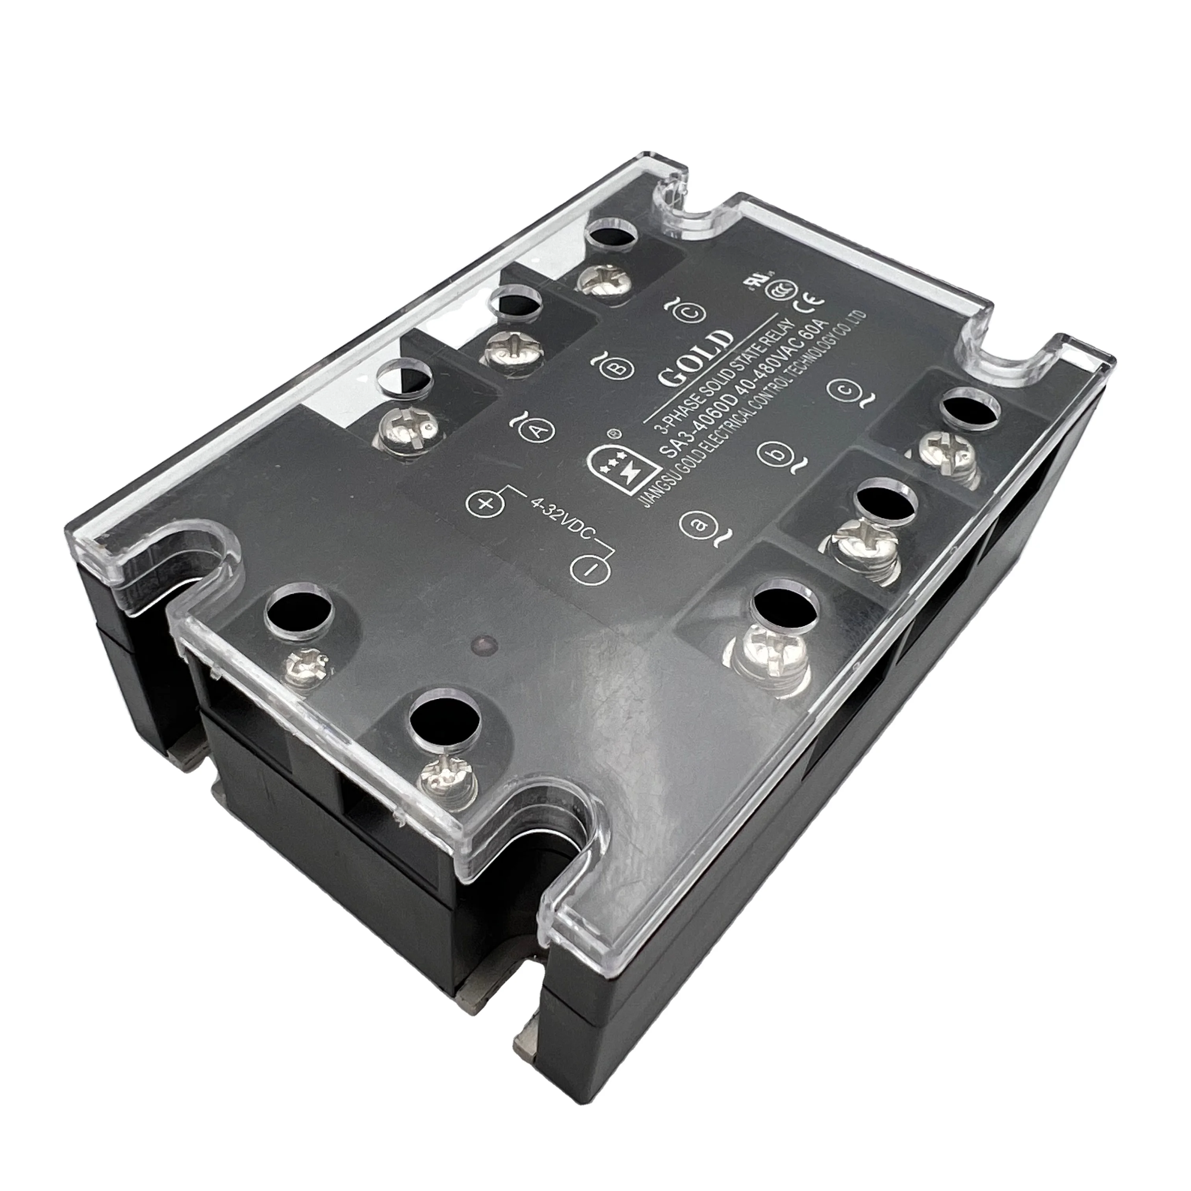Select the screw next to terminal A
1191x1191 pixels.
click(408, 425)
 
